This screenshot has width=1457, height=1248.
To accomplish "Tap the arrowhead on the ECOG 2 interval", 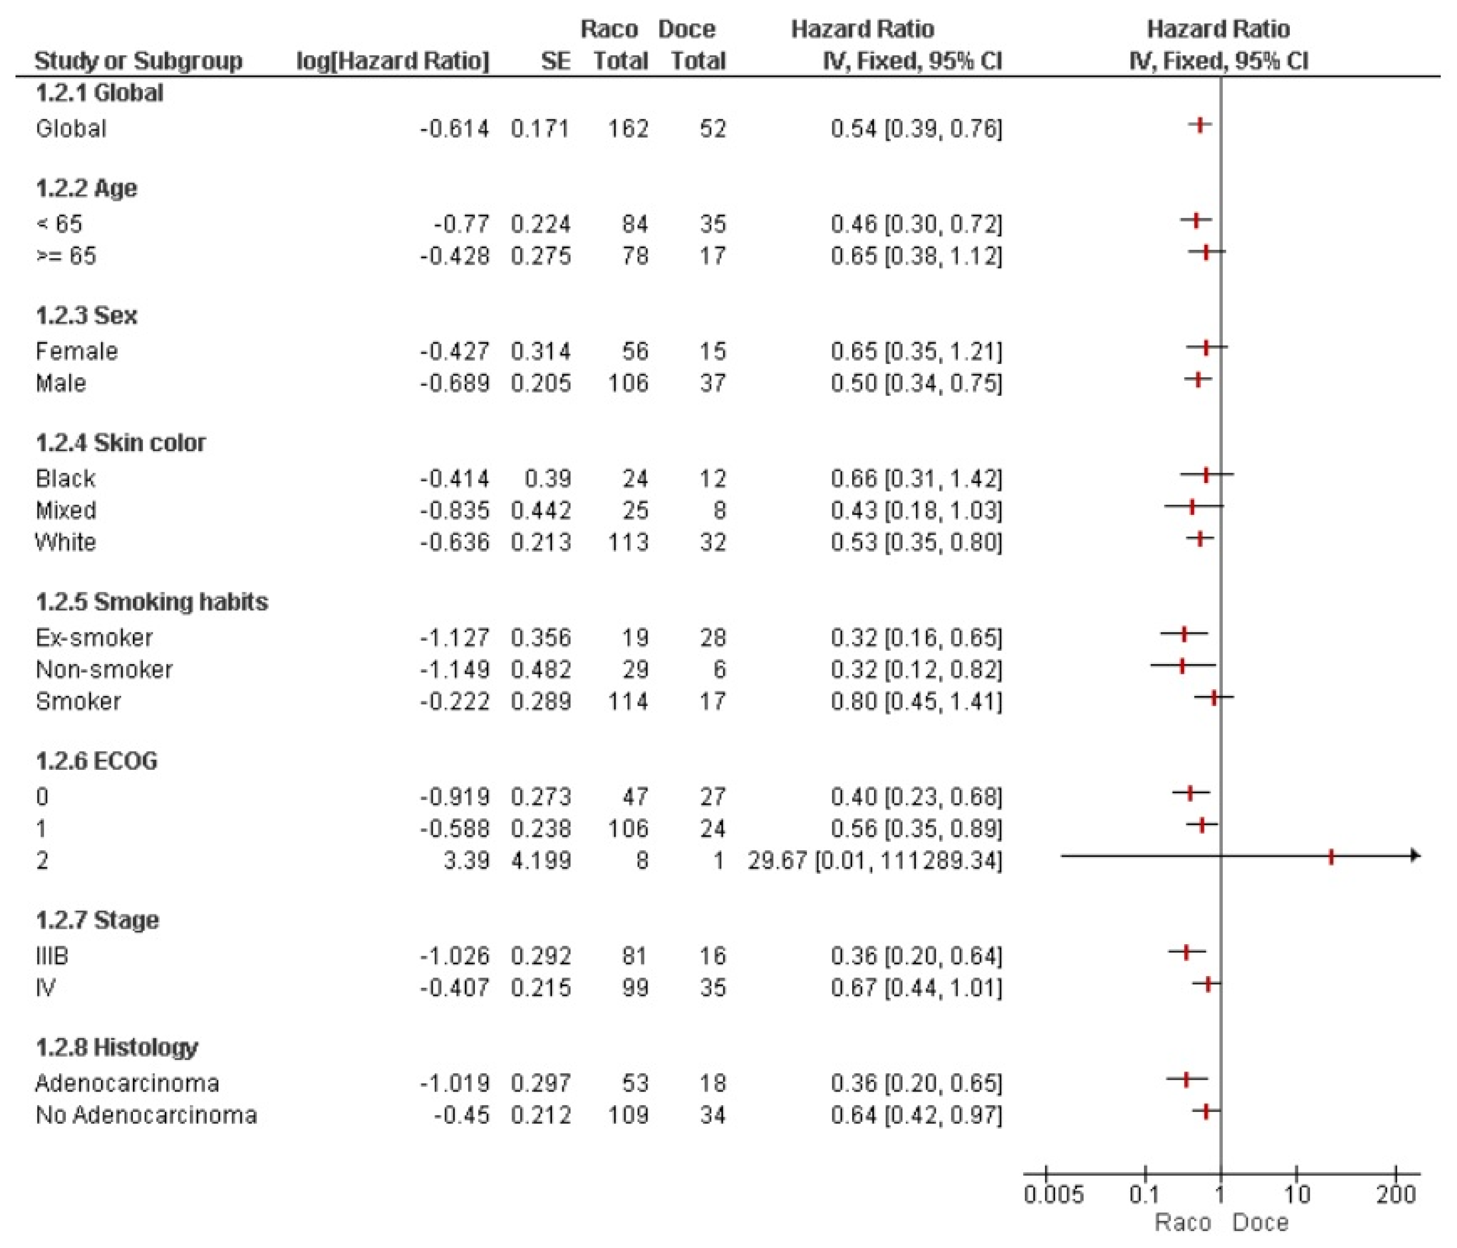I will (1415, 856).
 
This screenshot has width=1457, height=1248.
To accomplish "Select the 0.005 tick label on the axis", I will (1053, 1194).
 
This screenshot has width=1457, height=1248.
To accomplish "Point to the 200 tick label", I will (1396, 1194).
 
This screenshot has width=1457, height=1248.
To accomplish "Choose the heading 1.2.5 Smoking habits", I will (152, 602).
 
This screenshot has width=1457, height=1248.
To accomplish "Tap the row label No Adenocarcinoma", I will (146, 1115).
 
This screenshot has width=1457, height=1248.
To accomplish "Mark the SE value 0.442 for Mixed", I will (541, 511).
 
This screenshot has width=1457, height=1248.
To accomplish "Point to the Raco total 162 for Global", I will (628, 128).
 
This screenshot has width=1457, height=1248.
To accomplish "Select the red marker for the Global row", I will (1200, 125).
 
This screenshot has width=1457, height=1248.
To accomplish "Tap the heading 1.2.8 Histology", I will (117, 1047).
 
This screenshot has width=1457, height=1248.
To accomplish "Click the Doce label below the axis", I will (1260, 1223).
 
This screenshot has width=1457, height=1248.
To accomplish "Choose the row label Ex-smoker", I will (94, 638).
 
